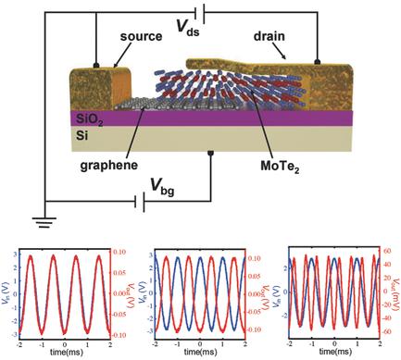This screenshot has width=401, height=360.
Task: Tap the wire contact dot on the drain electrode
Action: click(x=317, y=61)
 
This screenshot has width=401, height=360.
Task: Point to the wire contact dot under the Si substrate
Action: click(x=211, y=152)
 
